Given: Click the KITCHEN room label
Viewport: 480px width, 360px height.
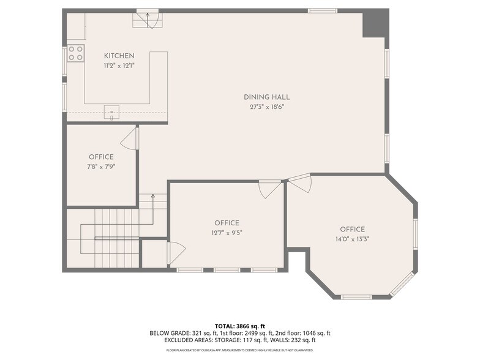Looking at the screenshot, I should pos(119,56).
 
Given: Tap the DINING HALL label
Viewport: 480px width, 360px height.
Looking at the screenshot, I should pos(266,97).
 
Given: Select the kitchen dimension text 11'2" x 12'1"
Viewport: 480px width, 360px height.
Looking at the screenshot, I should pos(119,65).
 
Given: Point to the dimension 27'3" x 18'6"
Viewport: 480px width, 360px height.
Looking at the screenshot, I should pos(266,107).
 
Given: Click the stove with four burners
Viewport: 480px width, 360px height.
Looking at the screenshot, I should pos(75,53).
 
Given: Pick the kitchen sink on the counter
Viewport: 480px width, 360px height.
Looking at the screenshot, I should pos(111,111).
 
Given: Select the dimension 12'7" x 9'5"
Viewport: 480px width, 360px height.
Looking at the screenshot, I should pos(227,233).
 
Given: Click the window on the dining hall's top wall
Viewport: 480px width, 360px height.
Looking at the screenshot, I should pos(322,10).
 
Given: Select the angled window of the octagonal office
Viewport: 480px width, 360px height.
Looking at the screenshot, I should pos(402,284).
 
